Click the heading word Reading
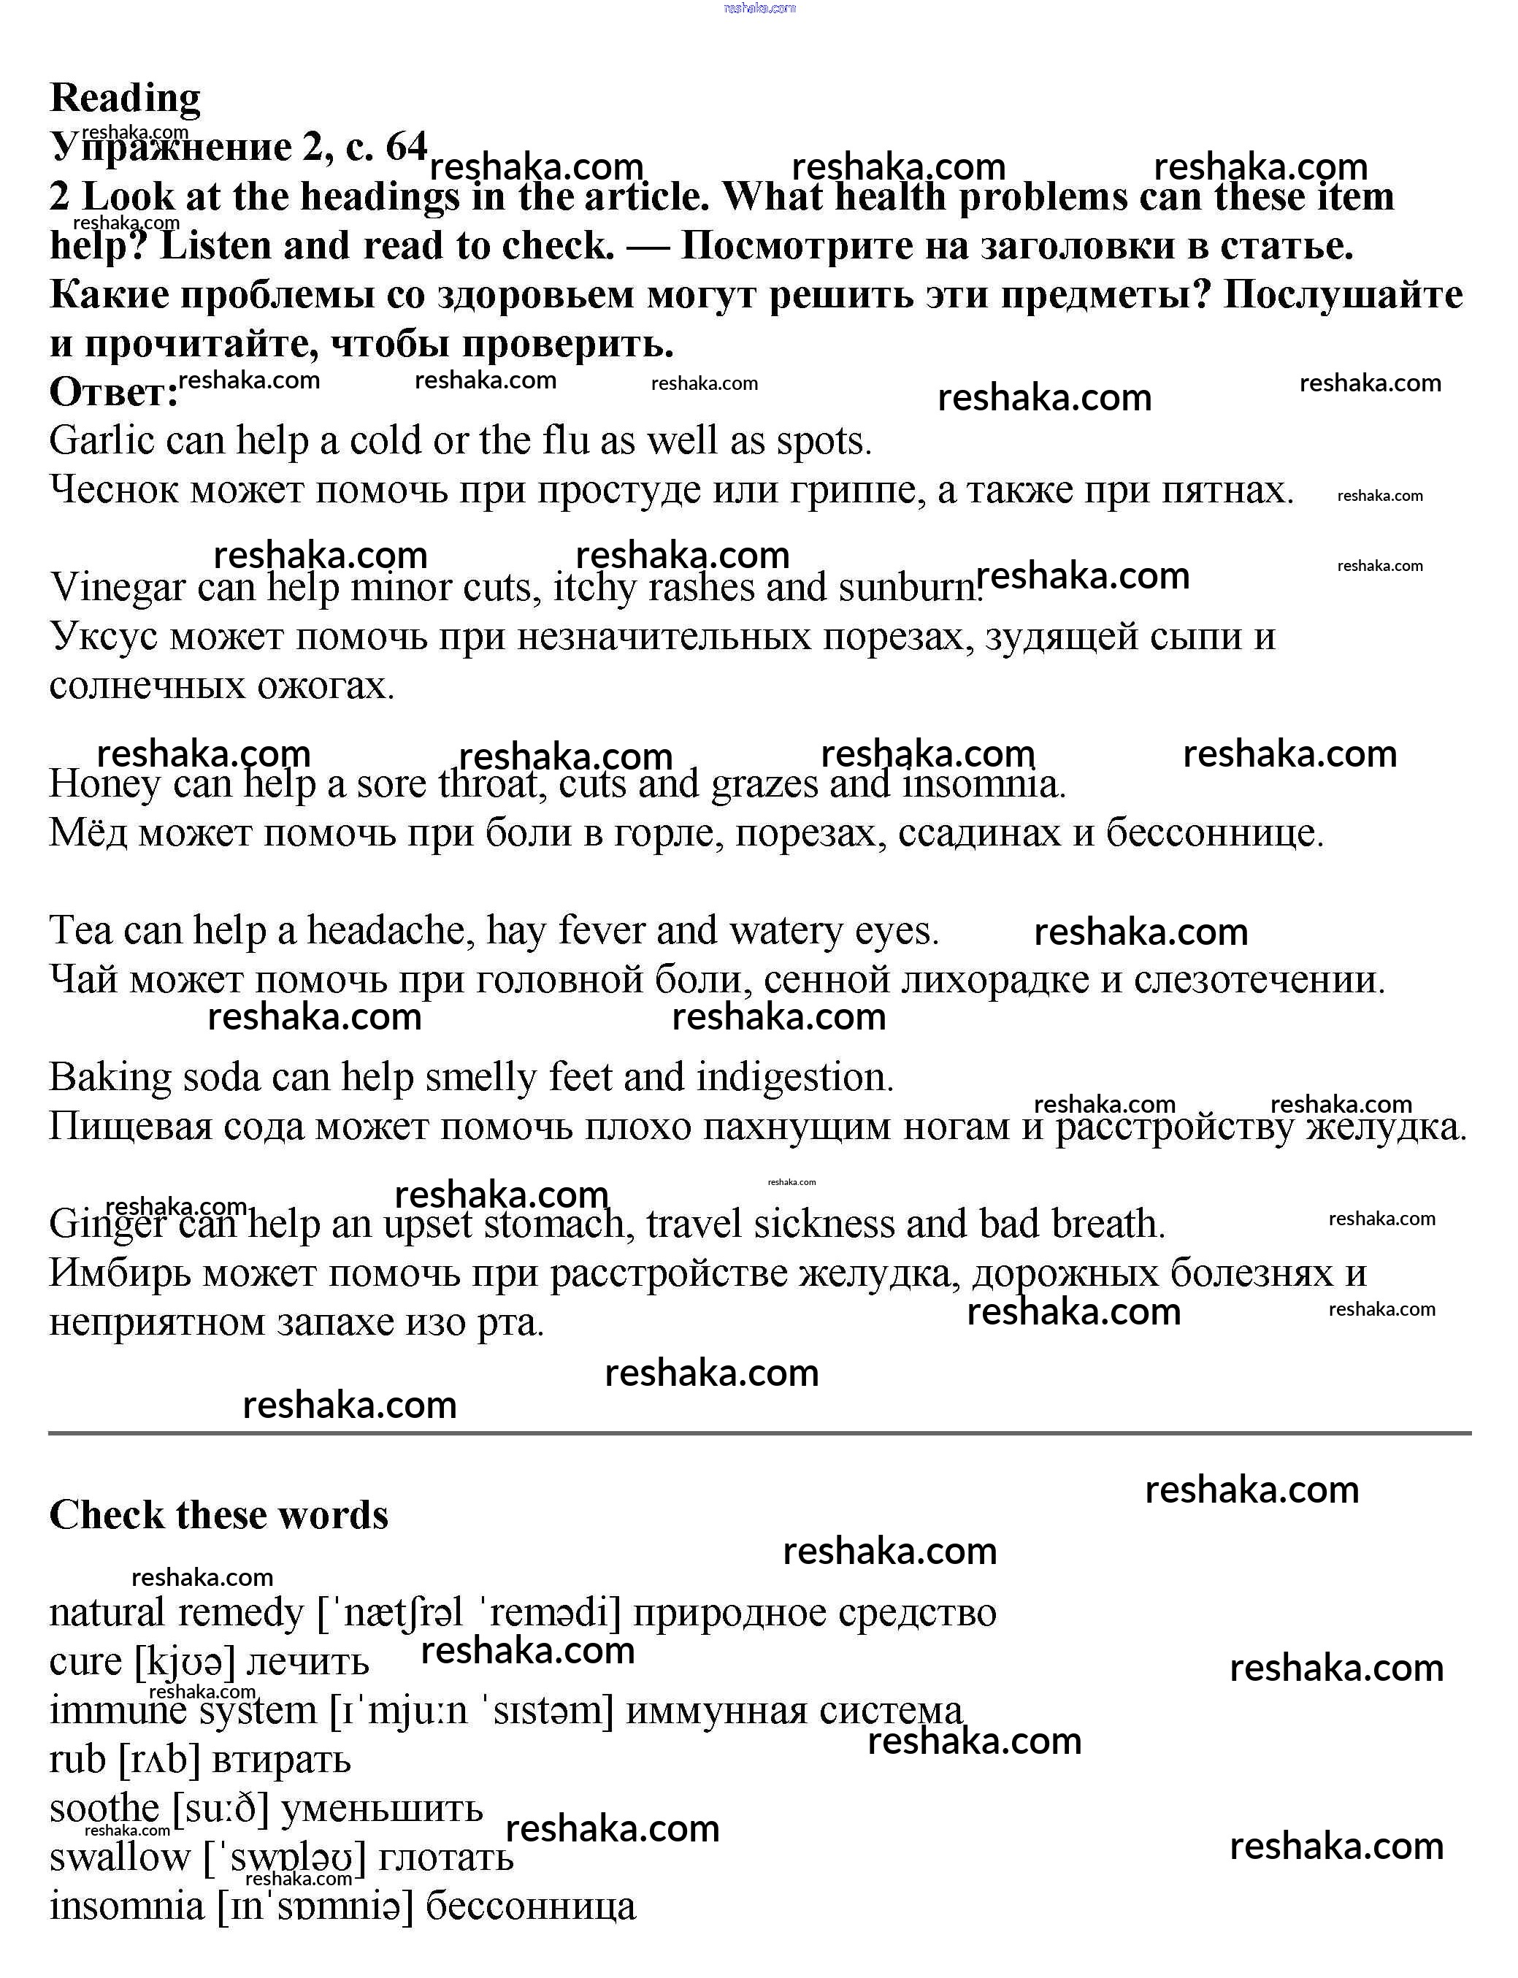125,98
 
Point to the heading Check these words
218,1515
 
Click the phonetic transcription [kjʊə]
184,1662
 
